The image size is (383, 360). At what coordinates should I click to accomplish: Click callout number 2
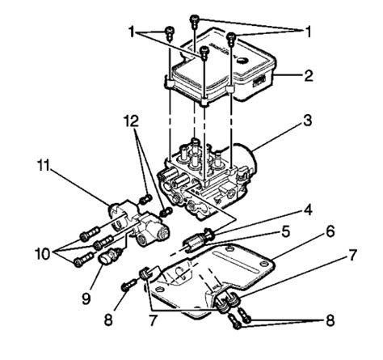click(309, 76)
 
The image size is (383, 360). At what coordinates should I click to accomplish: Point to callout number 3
click(308, 121)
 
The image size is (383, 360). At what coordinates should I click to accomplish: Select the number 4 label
click(308, 210)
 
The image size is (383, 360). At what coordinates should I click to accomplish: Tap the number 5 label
click(285, 231)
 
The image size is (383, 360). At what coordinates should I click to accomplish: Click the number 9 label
click(86, 299)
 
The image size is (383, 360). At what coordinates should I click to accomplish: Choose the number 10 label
click(42, 254)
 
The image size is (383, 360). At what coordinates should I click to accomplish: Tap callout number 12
click(132, 121)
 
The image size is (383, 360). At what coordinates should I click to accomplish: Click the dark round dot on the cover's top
click(242, 61)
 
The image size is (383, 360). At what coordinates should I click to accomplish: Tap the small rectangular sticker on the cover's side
click(259, 81)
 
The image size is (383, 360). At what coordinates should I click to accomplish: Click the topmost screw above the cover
click(195, 20)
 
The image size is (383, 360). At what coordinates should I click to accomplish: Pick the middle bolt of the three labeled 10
click(103, 242)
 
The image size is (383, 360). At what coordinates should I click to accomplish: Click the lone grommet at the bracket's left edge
click(145, 273)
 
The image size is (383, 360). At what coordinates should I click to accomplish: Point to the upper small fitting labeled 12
click(145, 199)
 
